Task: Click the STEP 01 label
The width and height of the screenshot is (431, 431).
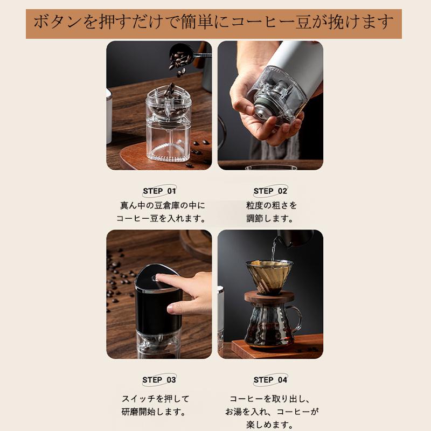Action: point(159,191)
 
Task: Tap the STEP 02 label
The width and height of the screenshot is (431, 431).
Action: point(270,191)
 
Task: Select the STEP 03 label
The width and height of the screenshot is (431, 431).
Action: point(159,380)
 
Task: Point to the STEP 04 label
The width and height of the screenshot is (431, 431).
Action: point(270,380)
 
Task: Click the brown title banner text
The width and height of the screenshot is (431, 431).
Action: point(213,22)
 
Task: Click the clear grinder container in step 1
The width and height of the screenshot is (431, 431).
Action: point(169,123)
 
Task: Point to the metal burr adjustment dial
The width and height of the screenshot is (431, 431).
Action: point(263,109)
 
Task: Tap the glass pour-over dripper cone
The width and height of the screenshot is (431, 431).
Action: point(269,276)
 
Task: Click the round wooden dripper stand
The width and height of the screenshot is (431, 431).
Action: point(269,297)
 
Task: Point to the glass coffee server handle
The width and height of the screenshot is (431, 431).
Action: point(297,320)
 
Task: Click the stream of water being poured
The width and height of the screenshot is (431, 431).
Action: point(273,249)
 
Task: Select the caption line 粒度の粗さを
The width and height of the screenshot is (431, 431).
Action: point(272,205)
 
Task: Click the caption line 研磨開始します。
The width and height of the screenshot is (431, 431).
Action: point(154,412)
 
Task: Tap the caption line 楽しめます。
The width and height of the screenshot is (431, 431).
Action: point(270,425)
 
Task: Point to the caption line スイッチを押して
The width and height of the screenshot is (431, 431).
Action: point(156,399)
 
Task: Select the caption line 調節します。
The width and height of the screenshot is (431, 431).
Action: point(270,219)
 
